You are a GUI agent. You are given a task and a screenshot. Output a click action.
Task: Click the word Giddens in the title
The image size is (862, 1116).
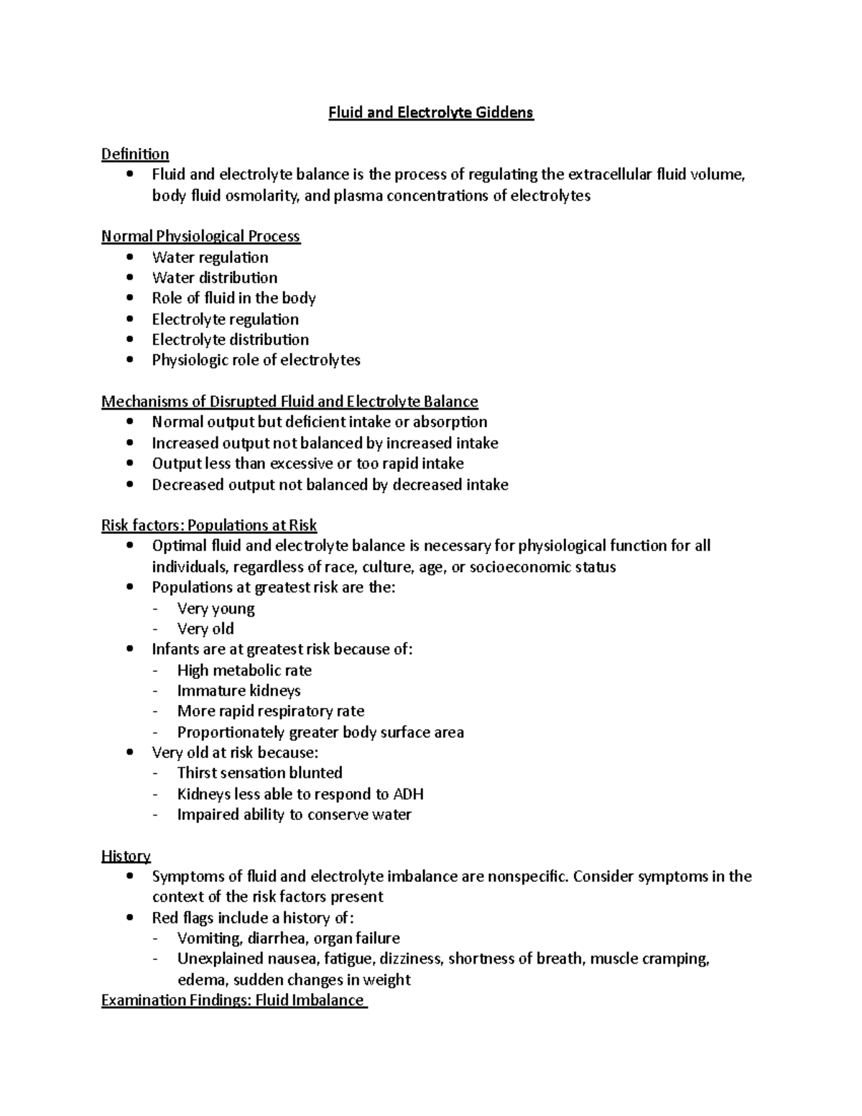pos(506,113)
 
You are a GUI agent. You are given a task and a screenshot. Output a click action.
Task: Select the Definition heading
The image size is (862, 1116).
pos(135,154)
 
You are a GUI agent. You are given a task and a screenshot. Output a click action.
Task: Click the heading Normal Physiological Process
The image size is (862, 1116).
pos(200,236)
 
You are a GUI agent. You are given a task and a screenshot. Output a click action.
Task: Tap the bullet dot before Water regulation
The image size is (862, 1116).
pos(129,257)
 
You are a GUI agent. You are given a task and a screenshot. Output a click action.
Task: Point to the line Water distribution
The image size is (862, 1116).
pos(214,277)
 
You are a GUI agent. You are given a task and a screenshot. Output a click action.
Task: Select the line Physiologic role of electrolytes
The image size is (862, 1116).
pos(256,360)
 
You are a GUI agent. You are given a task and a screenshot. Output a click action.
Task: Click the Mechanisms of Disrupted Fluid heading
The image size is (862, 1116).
pos(289,401)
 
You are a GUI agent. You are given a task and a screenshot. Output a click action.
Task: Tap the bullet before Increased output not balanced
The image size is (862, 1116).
pos(129,443)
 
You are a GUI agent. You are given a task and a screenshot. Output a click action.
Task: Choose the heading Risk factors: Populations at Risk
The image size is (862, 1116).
pos(209,525)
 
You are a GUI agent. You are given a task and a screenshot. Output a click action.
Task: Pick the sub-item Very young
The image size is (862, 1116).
pos(215,609)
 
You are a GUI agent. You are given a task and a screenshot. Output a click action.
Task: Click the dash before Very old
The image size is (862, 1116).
pos(157,630)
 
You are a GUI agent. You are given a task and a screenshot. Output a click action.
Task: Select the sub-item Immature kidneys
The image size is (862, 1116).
pos(238,691)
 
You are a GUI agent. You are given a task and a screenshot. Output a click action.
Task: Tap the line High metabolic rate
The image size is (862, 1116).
pos(244,670)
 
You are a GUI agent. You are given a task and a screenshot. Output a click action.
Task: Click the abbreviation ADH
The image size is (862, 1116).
pos(408,794)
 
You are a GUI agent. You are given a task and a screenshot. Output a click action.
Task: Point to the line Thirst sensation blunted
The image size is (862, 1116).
pos(259,773)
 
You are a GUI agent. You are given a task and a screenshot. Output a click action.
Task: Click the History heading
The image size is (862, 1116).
pos(126,856)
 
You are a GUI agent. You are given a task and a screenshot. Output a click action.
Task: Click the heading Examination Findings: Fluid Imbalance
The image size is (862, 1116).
pos(233,1000)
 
